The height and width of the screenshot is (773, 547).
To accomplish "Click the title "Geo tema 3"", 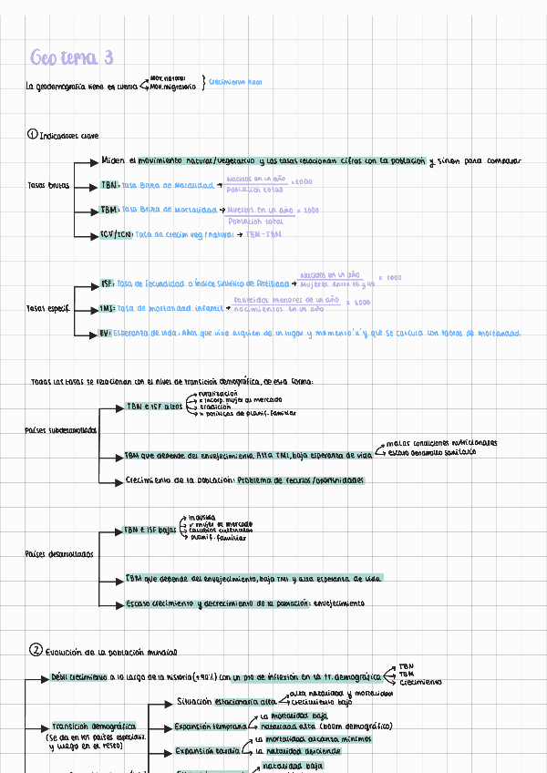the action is tap(71, 58).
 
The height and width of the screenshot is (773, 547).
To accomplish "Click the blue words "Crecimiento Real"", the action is tap(235, 83).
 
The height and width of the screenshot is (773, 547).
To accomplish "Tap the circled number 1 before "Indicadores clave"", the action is tap(33, 135).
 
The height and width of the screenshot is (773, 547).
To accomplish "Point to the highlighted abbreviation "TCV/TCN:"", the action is tap(117, 234).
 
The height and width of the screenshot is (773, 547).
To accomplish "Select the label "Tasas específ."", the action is tap(47, 308).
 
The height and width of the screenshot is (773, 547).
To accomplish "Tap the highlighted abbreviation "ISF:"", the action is tap(108, 283).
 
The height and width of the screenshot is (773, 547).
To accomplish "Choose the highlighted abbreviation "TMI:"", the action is tap(108, 309).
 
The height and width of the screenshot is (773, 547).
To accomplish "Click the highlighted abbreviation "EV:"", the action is tap(106, 334).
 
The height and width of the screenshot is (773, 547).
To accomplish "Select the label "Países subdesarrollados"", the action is tap(61, 429).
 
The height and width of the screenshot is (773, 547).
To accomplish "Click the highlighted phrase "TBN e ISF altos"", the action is tap(154, 406).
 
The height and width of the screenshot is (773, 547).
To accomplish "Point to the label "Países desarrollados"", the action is tap(58, 554).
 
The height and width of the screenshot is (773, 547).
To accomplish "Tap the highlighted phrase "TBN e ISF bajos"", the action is tap(150, 530).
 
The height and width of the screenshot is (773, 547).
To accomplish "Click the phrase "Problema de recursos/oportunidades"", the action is tap(301, 480).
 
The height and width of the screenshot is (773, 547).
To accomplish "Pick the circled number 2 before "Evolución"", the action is tap(36, 651).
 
